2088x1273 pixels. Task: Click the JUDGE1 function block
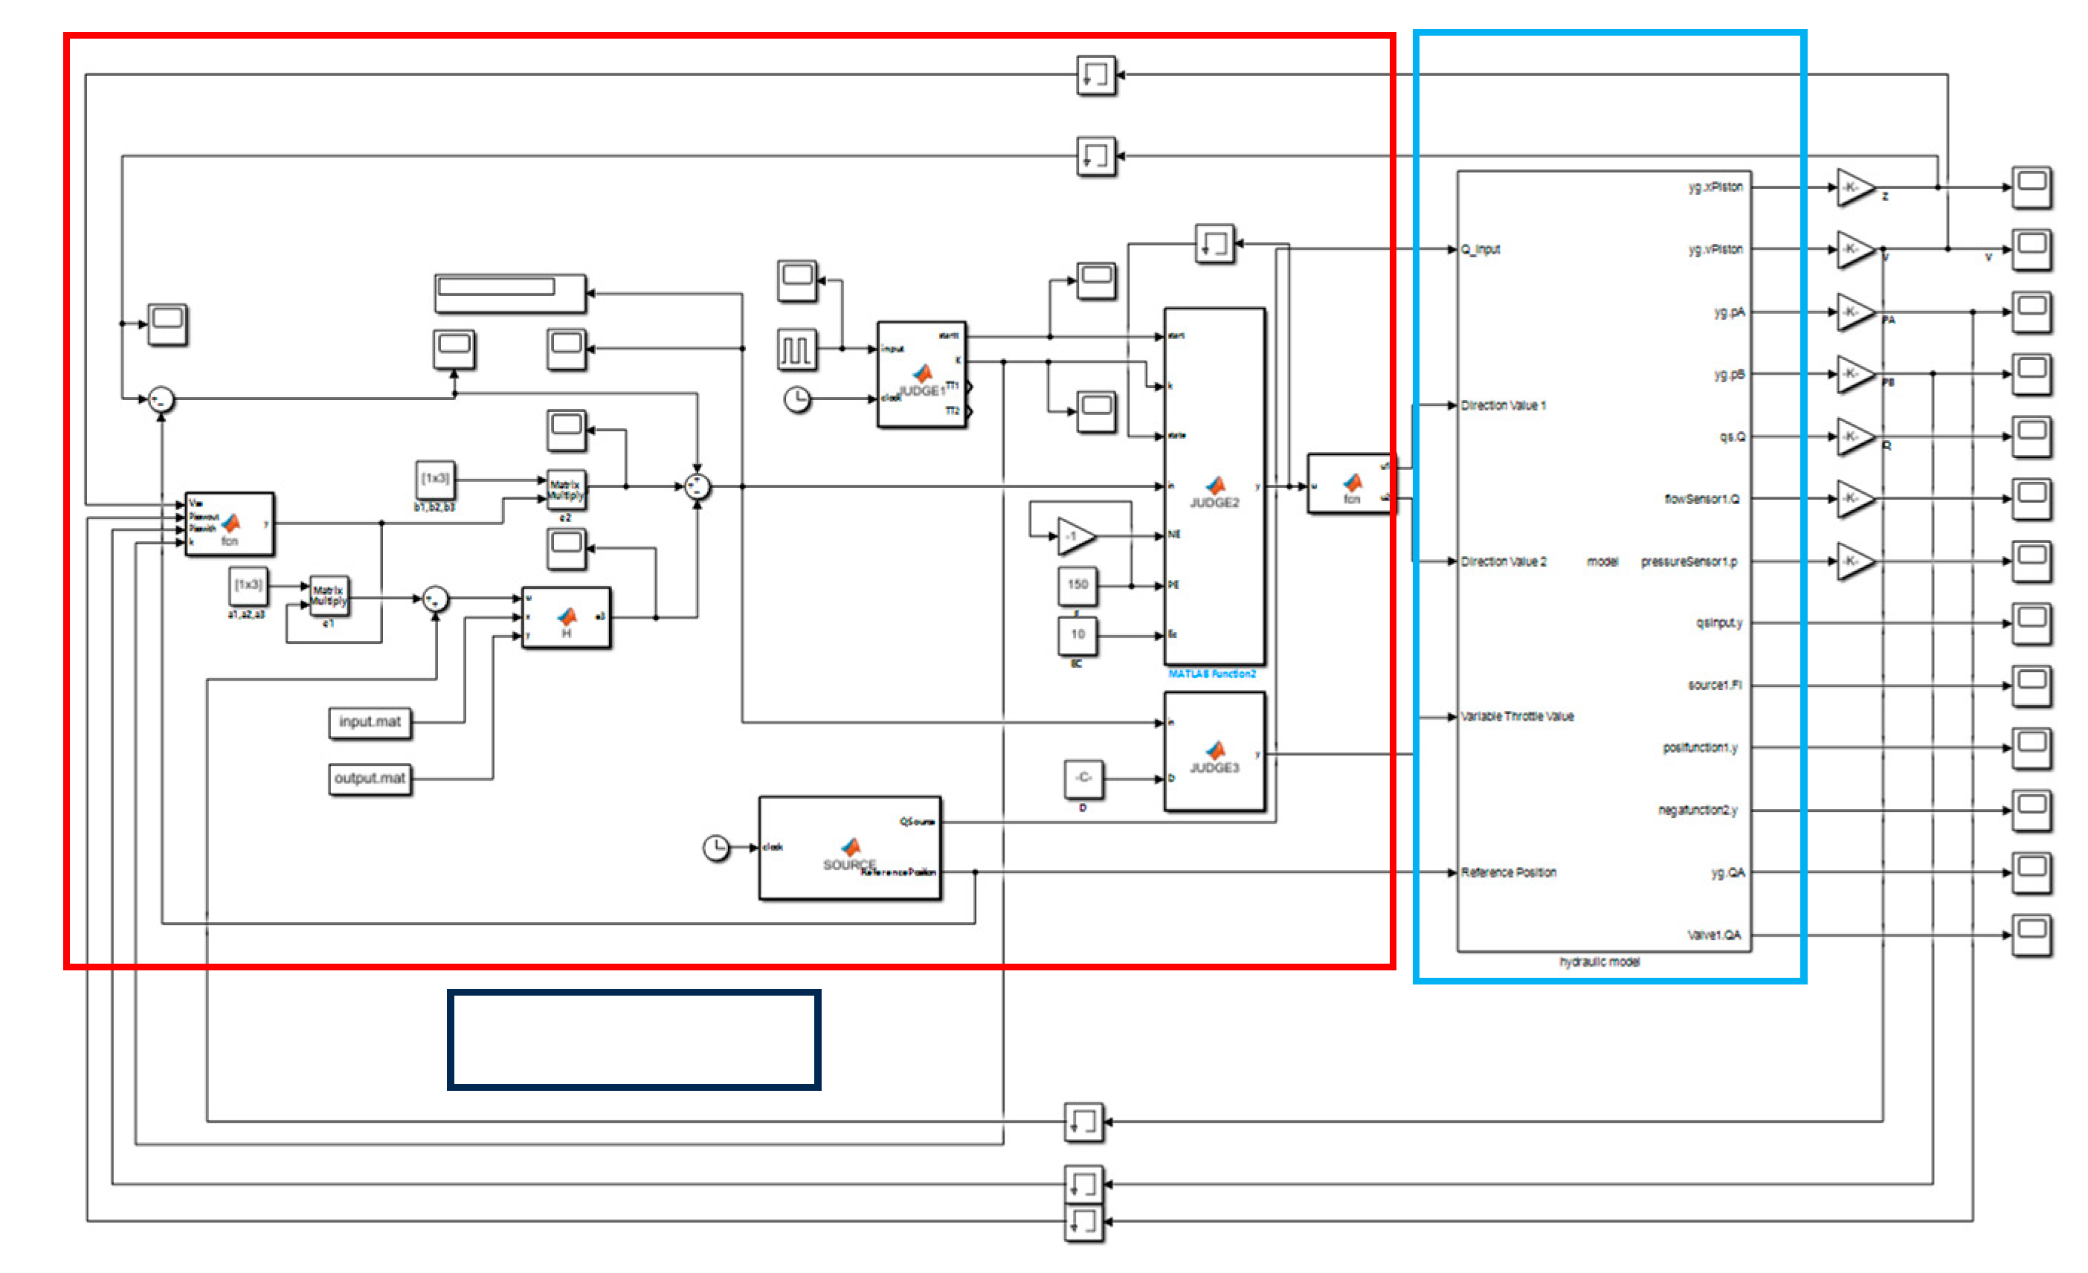click(x=922, y=376)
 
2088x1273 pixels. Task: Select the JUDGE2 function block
click(x=1215, y=487)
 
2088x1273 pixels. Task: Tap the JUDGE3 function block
click(x=1215, y=752)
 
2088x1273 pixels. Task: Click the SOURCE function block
click(x=850, y=848)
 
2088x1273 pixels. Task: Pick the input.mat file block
click(x=370, y=723)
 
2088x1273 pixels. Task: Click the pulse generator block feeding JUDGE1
click(x=796, y=350)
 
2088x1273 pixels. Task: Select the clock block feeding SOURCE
click(x=717, y=848)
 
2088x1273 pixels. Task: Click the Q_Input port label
click(x=1481, y=250)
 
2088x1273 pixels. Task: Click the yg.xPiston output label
click(x=1716, y=187)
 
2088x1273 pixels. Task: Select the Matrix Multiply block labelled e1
click(x=329, y=596)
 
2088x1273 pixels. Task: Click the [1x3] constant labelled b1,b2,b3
click(x=436, y=480)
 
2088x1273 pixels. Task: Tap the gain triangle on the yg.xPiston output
click(x=1854, y=187)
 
